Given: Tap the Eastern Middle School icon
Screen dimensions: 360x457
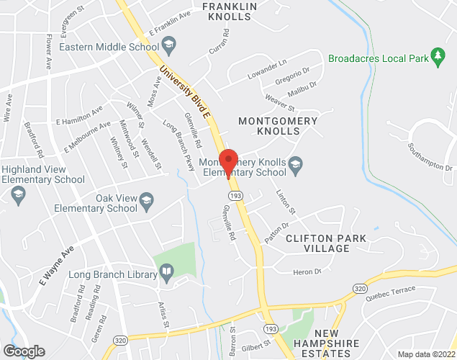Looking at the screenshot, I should coord(169,48).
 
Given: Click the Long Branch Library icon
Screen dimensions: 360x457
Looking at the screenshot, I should coord(167,274).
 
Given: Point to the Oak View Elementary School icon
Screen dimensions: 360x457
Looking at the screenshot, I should coord(147,203).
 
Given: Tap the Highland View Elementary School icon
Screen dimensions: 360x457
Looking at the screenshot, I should coord(18,194).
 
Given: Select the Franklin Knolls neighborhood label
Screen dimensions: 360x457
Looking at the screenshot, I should coord(230,12).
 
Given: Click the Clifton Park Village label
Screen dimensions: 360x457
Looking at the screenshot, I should coord(326,243).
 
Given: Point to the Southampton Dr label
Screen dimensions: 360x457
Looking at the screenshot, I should coord(428,157).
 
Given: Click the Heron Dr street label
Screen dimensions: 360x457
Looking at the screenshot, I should coord(306,272).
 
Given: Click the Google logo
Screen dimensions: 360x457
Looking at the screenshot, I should coord(24,351).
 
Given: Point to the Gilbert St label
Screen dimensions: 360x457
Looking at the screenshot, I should coord(256,346).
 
